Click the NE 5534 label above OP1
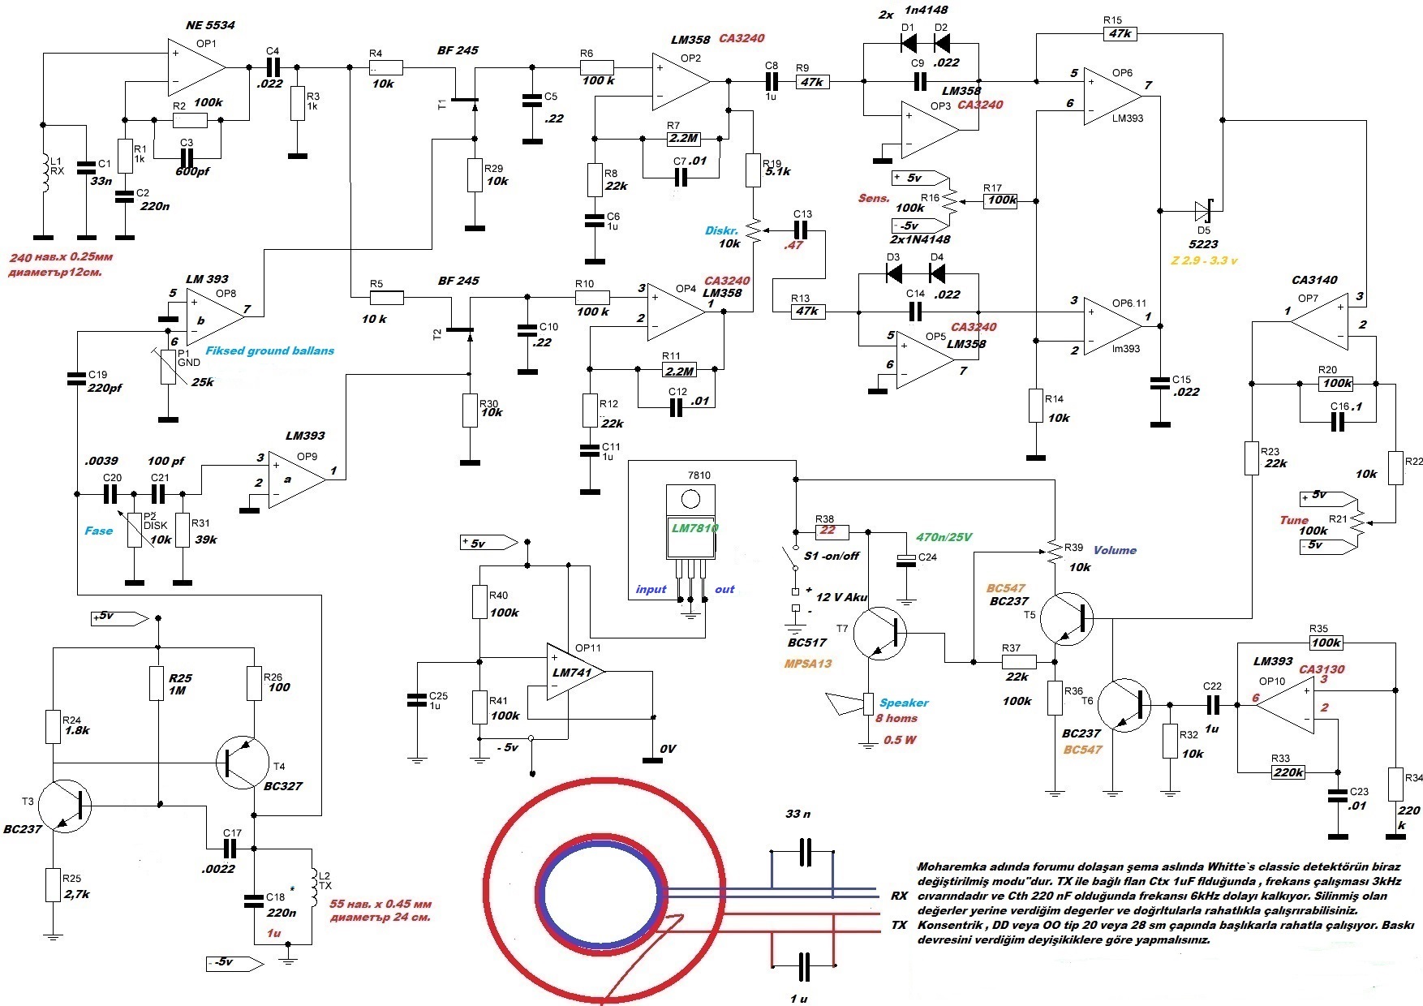[210, 25]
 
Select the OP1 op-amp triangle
[196, 67]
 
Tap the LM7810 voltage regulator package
[690, 522]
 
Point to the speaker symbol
[848, 703]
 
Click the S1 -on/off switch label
[832, 556]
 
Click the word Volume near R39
[1115, 550]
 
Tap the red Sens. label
[874, 198]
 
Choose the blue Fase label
[99, 531]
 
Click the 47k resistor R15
[1120, 33]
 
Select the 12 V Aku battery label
[841, 597]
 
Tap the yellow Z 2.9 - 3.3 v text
[1204, 260]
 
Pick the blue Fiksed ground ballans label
[269, 350]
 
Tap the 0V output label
[668, 749]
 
